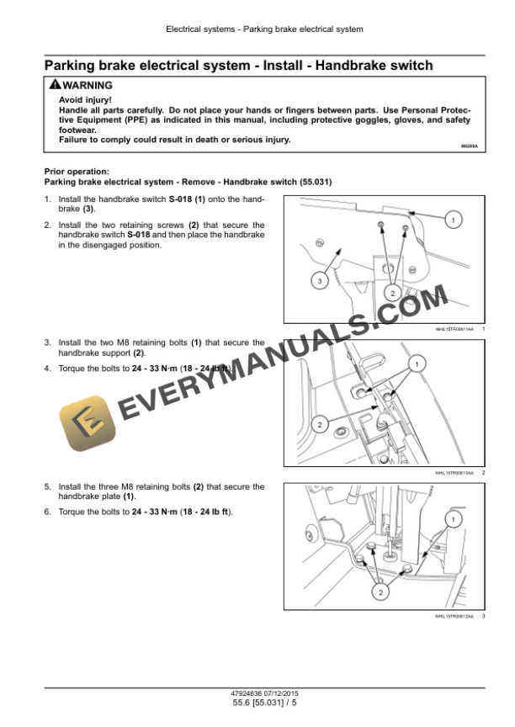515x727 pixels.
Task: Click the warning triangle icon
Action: [x=55, y=85]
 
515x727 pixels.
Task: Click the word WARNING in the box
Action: [x=87, y=85]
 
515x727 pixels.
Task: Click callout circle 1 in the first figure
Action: [x=453, y=220]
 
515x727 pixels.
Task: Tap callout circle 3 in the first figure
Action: [x=319, y=281]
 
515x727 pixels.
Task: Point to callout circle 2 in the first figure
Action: [x=391, y=292]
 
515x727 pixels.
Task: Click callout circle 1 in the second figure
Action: [x=413, y=363]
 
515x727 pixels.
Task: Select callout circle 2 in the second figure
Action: [x=318, y=424]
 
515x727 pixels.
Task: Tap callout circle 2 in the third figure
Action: [x=380, y=593]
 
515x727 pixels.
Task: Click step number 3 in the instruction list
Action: [x=47, y=342]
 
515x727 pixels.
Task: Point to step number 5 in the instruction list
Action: [x=47, y=486]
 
